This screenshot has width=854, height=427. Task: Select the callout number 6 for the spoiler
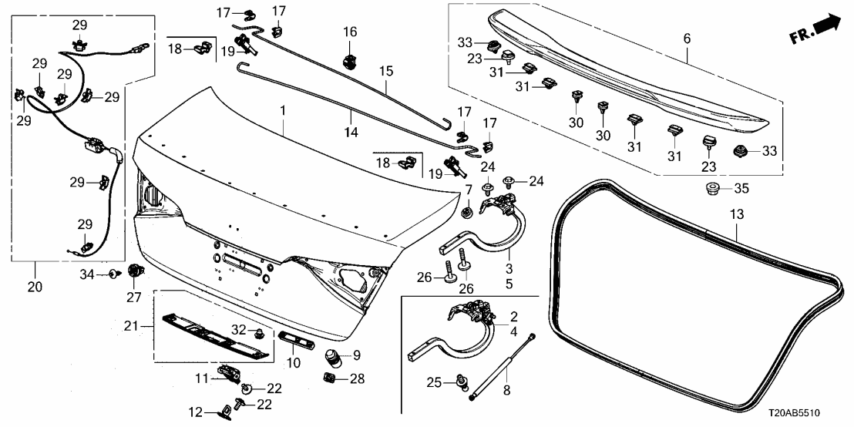click(x=687, y=37)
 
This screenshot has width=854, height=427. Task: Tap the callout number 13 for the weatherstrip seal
click(x=738, y=213)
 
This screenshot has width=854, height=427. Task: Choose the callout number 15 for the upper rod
click(x=386, y=71)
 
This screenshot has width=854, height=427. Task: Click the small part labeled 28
click(x=328, y=378)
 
